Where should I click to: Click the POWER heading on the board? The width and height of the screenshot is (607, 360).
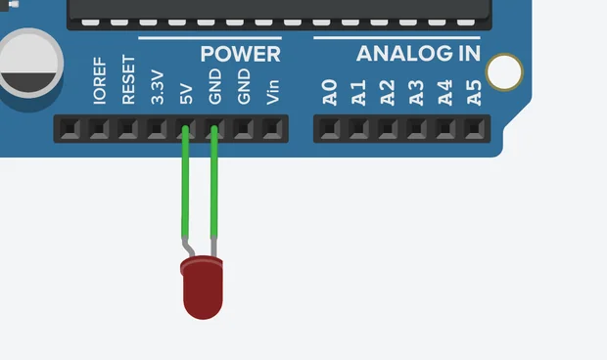[x=240, y=54]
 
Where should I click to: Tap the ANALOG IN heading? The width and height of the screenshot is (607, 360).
[x=418, y=54]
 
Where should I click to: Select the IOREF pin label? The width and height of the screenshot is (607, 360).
[x=99, y=87]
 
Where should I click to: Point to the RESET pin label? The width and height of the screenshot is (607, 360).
[x=128, y=85]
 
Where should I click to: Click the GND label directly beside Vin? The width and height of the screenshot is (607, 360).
[x=244, y=88]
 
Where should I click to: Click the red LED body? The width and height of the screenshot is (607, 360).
[x=203, y=289]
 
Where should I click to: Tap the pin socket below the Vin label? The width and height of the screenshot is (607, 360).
[x=272, y=128]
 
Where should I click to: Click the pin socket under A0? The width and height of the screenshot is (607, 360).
[x=330, y=128]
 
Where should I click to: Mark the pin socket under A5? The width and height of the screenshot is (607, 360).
[x=474, y=128]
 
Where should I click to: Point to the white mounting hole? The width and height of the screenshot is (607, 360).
[x=504, y=71]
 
